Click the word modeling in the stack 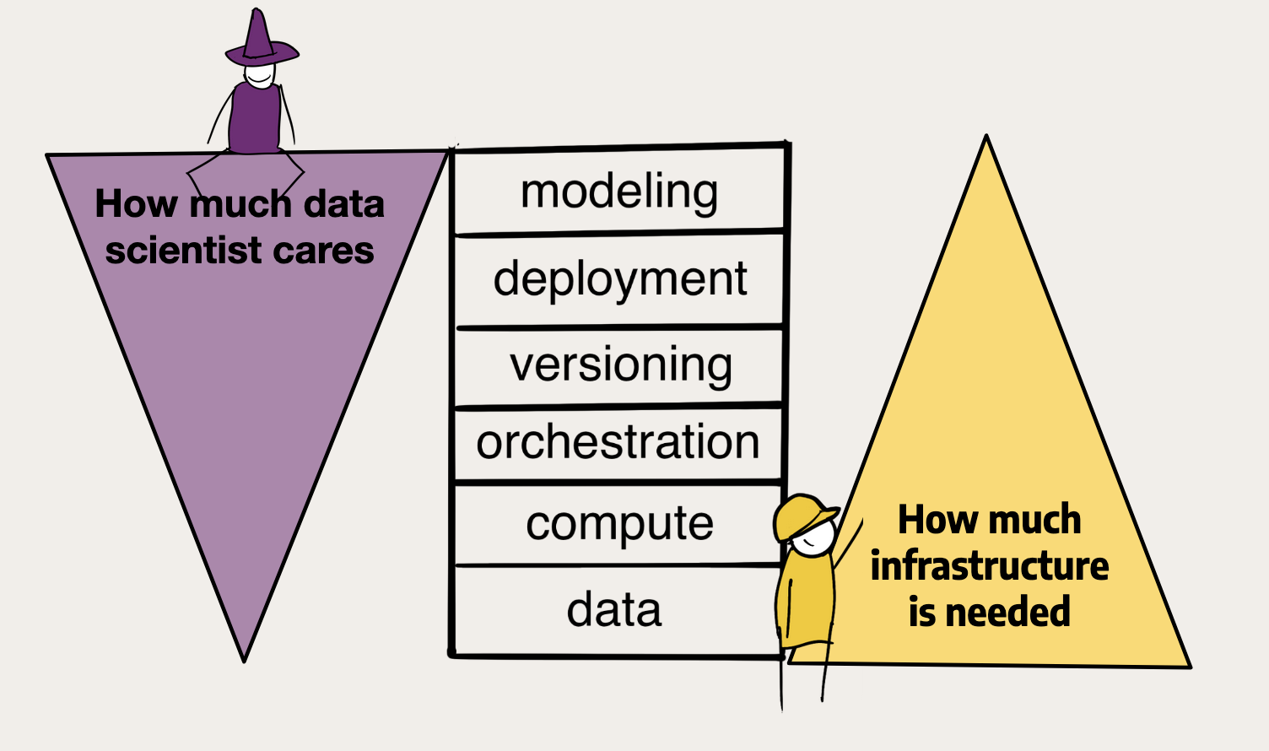click(619, 193)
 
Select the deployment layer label click(620, 280)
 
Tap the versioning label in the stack click(621, 365)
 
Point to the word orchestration click(618, 442)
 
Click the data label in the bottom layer click(614, 609)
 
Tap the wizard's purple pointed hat click(262, 39)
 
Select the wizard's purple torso click(255, 118)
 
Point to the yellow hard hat click(802, 516)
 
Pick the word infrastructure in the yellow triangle click(989, 565)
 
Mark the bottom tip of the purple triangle click(244, 661)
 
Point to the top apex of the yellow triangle click(986, 136)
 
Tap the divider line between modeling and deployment click(620, 232)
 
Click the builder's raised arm click(848, 542)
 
